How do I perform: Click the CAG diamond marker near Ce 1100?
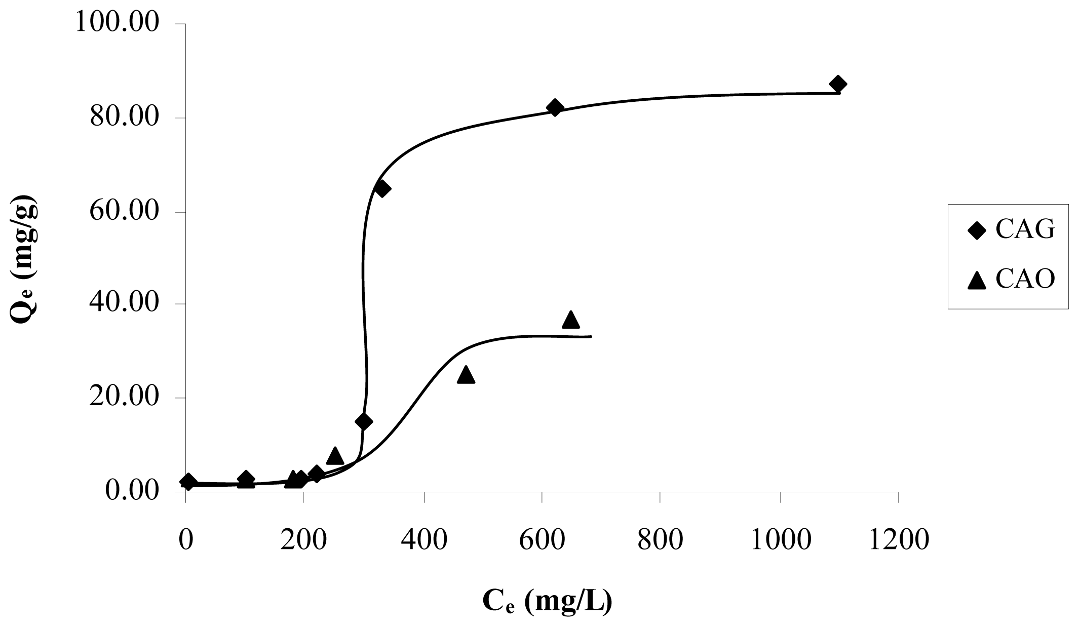[838, 84]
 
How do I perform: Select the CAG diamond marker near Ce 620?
[555, 108]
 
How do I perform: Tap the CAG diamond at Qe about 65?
[382, 189]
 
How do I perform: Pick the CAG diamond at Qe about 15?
[364, 421]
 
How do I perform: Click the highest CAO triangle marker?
[571, 320]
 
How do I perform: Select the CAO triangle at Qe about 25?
[466, 376]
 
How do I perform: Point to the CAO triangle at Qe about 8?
[335, 456]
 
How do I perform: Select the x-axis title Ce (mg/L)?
[547, 601]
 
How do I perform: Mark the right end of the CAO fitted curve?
[591, 336]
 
